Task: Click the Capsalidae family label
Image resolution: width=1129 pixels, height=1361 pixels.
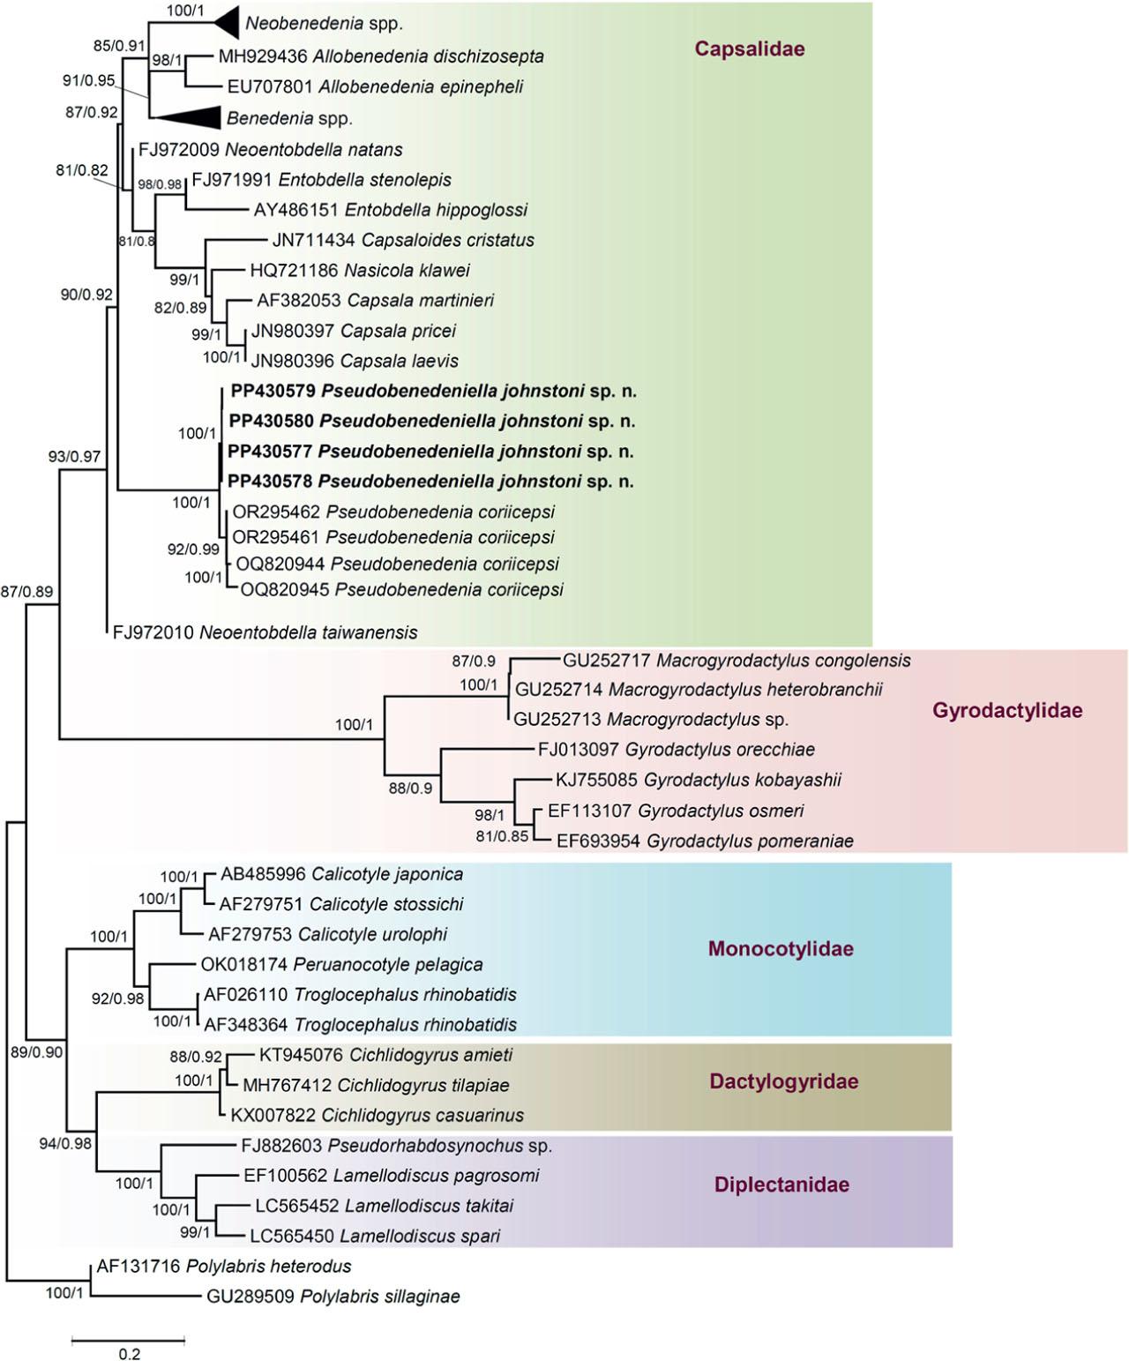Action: pos(749,49)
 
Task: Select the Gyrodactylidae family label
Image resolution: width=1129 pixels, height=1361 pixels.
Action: pos(1006,711)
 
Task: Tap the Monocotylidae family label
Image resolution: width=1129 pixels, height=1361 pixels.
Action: pos(781,949)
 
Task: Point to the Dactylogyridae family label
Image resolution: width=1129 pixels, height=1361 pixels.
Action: pos(783,1081)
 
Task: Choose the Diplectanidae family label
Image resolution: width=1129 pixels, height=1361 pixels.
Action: pos(781,1185)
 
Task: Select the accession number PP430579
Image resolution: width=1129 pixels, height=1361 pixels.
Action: pos(273,391)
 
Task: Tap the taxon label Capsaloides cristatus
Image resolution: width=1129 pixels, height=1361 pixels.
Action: pos(448,240)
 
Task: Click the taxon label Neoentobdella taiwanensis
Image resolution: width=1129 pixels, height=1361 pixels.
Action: pos(308,632)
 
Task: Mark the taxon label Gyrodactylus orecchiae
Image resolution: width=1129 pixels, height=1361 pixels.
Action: pos(720,750)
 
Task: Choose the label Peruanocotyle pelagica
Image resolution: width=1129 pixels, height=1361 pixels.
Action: pos(388,964)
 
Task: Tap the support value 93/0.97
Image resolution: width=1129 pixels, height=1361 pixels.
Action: pos(74,457)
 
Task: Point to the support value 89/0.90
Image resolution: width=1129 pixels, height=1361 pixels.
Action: pos(36,1052)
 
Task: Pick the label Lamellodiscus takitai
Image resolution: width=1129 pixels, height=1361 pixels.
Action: pos(429,1206)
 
